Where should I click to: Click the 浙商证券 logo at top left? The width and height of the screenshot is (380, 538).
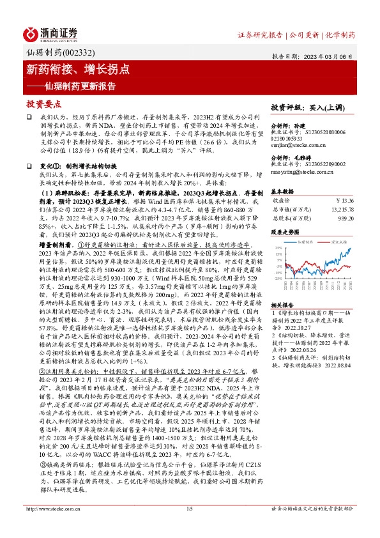[52, 33]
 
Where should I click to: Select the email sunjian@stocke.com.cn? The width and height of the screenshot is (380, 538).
[293, 146]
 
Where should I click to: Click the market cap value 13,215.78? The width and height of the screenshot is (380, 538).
[338, 209]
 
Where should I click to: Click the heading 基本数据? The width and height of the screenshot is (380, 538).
[282, 191]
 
